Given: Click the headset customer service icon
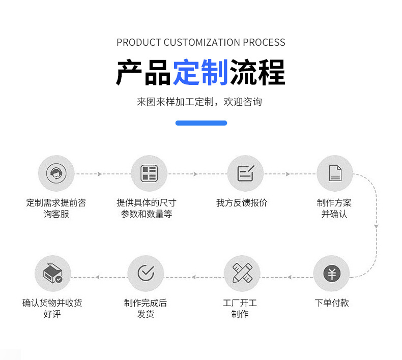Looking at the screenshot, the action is pos(56,173).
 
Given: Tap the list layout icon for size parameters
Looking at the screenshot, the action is pos(149,173).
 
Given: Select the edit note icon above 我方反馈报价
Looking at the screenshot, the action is pos(246,173).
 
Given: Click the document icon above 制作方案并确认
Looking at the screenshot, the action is pos(335,173).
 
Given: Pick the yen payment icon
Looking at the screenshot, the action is pos(332,274).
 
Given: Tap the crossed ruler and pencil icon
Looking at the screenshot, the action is pos(242,273).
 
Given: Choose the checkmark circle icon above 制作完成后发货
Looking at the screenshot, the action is pos(146,273).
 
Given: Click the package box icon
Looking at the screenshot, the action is pos(53,273).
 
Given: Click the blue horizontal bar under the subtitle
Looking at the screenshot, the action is pos(201,123).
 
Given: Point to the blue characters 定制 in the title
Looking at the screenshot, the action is pos(200,72).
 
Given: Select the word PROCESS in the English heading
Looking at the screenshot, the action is pos(264,42).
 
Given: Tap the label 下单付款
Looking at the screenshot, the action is pos(332,303).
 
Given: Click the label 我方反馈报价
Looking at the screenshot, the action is pos(242,203).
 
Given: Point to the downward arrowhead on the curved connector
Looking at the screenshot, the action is pos(376,226).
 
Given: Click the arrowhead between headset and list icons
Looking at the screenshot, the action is pos(100,174).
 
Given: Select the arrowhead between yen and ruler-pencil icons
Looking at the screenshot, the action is pos(290,277).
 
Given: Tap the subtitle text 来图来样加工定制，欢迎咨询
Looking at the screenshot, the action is pos(199,102).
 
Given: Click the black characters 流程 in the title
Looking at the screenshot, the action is pos(257,72).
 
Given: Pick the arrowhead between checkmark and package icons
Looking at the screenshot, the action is pos(97,277).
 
